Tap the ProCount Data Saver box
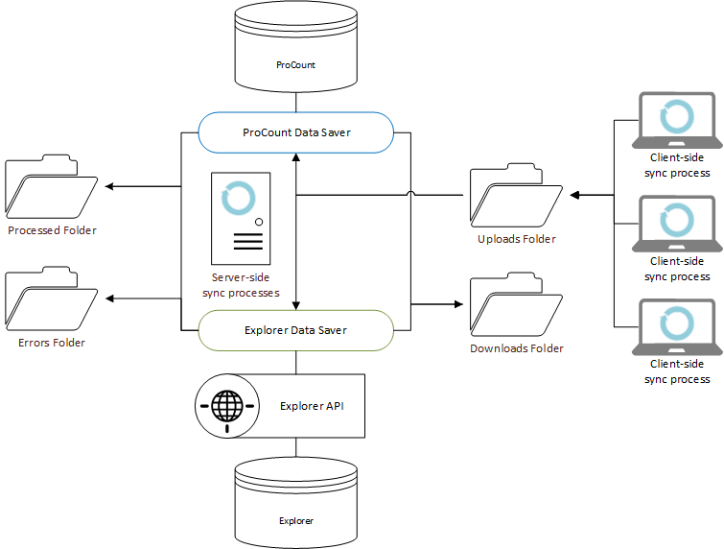(295, 131)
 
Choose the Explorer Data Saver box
(295, 330)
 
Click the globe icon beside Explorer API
(227, 405)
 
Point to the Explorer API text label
(312, 406)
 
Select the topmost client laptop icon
(677, 120)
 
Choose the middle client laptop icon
(677, 224)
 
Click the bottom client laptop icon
(677, 327)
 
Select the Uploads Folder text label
(516, 239)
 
